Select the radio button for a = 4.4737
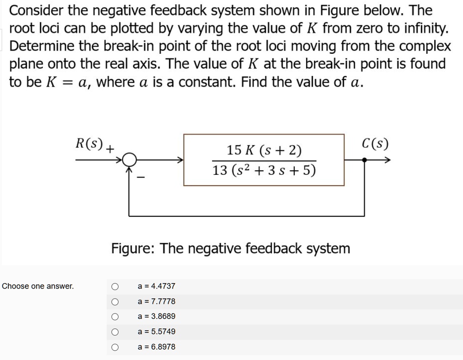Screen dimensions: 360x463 [x=115, y=286]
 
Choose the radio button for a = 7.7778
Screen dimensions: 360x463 [x=115, y=302]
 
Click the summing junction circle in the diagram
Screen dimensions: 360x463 [x=130, y=160]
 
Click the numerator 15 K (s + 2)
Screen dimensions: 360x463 [x=264, y=150]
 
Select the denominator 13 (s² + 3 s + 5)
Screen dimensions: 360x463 [x=264, y=171]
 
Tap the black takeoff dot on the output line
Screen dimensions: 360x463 [x=365, y=160]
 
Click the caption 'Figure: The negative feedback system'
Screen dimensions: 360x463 [x=231, y=248]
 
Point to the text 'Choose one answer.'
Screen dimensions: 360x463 [x=38, y=286]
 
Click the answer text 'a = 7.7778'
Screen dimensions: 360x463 [x=156, y=301]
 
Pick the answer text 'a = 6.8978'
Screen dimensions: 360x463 [x=156, y=347]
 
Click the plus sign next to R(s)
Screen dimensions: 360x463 [x=110, y=147]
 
